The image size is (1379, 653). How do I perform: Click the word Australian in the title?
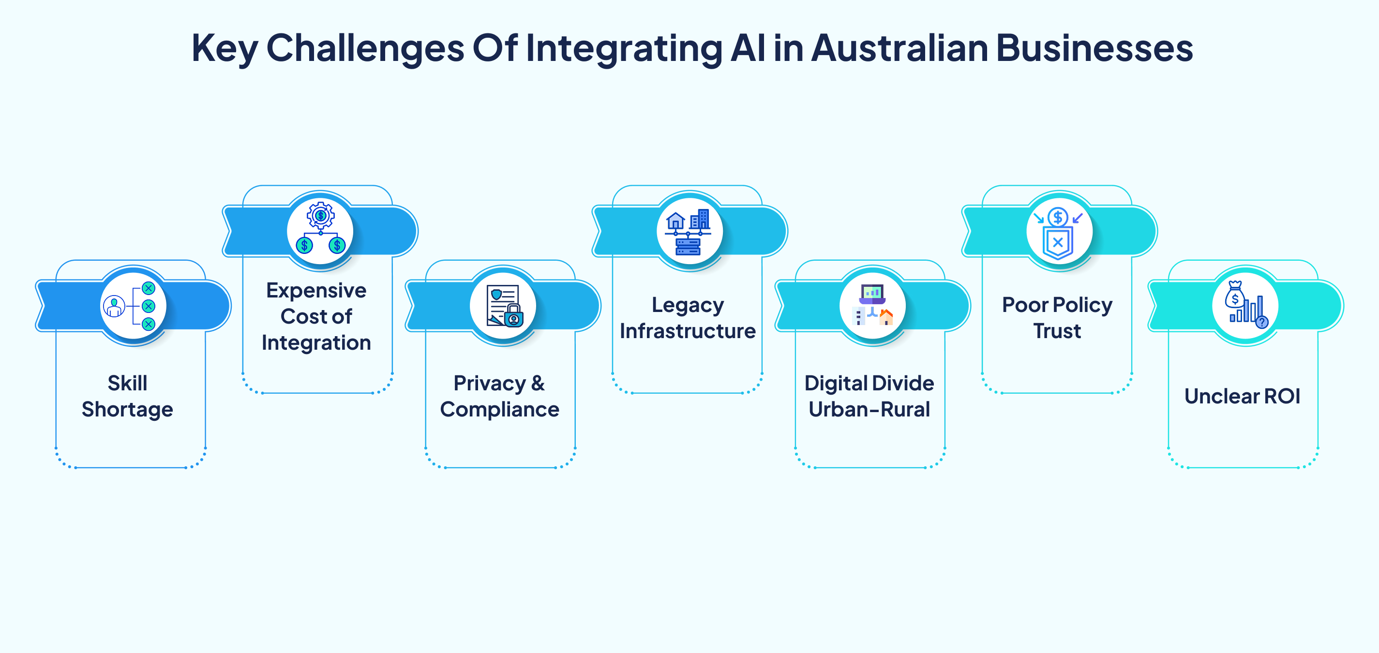[899, 48]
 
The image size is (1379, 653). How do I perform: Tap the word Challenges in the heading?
[365, 48]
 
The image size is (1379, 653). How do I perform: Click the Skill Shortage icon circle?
[133, 306]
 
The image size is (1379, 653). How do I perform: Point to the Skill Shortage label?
[127, 396]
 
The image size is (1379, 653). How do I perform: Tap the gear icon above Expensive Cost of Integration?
[321, 216]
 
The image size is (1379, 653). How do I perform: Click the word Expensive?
[316, 290]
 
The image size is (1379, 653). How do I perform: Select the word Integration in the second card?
[316, 342]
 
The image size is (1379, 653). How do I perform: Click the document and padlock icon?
[503, 306]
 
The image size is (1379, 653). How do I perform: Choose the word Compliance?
[499, 410]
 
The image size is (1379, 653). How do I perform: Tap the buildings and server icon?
[689, 231]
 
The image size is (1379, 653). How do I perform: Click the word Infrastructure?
[688, 331]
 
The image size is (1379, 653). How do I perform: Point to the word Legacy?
[688, 305]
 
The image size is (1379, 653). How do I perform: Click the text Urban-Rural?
[869, 410]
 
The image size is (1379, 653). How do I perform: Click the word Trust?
[1057, 331]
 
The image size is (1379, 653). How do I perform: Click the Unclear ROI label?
[1243, 397]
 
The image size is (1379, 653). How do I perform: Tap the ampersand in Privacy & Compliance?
[538, 383]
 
